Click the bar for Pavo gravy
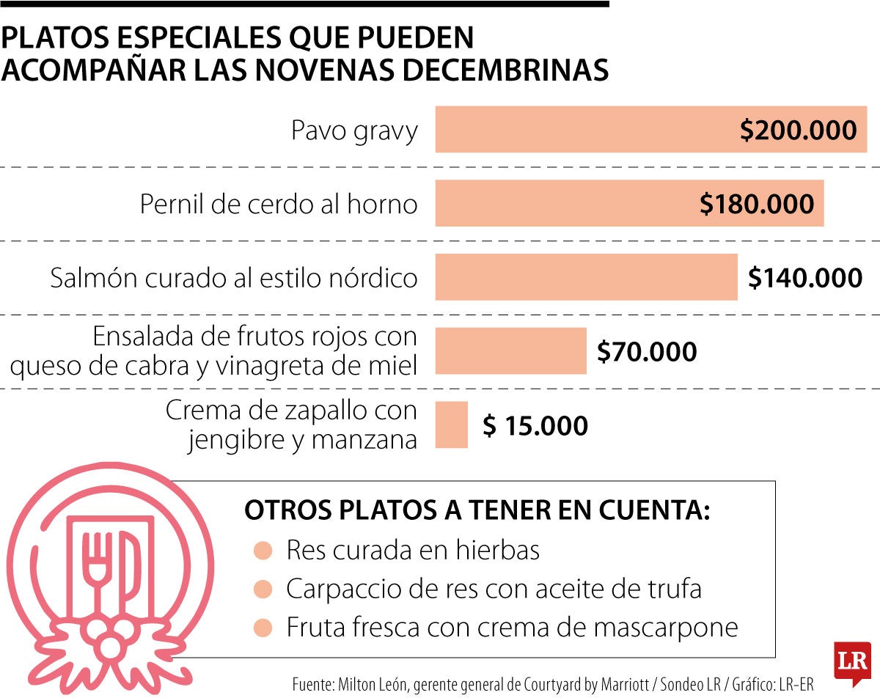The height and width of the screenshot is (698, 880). point(587,130)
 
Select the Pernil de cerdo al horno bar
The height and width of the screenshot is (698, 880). point(565,203)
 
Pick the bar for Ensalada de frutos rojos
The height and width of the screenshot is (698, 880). point(511,351)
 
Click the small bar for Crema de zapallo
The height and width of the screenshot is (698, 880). point(452,425)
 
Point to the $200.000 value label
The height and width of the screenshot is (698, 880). point(798,131)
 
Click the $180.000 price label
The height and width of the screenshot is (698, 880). point(757,204)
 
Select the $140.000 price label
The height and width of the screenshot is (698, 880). point(804,278)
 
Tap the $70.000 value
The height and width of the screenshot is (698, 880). point(646,352)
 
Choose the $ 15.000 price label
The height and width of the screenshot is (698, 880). point(535,425)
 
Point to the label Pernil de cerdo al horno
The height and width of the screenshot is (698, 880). point(279,204)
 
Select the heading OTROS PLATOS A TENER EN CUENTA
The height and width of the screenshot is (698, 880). point(477,511)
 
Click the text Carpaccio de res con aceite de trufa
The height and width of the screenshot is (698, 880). point(494,589)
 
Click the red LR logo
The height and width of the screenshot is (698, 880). point(852,661)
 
